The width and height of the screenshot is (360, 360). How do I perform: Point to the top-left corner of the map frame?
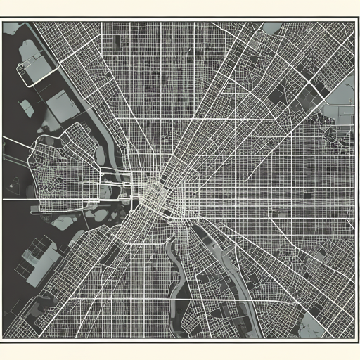tap(3, 20)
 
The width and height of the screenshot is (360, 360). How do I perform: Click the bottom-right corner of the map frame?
tap(356, 340)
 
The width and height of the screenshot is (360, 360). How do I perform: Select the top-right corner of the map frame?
tap(356, 20)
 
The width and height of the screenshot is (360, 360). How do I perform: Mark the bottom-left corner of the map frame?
tap(3, 340)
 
